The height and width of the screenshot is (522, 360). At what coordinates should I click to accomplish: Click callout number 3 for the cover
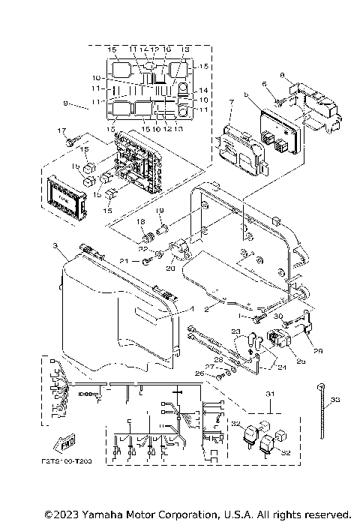[x=55, y=245]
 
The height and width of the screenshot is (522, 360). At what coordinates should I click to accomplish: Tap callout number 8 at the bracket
[x=282, y=75]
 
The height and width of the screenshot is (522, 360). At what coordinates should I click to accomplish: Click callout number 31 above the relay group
[x=269, y=394]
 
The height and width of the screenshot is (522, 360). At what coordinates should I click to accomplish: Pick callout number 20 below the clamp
[x=170, y=268]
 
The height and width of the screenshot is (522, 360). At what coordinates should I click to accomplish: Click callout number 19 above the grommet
[x=159, y=213]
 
